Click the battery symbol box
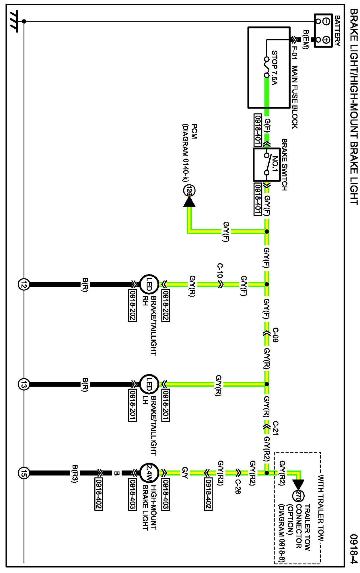(x=323, y=30)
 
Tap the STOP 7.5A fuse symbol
(x=267, y=67)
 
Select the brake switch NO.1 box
(x=266, y=164)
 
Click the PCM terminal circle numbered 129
(x=189, y=190)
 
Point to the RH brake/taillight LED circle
(x=149, y=284)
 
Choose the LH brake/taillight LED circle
(x=149, y=384)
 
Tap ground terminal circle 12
(x=24, y=284)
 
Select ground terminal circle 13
(x=24, y=384)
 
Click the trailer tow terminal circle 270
(x=298, y=495)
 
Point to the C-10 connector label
(x=220, y=270)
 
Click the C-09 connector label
(x=275, y=335)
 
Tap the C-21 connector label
(x=275, y=428)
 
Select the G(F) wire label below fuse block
(x=267, y=125)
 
